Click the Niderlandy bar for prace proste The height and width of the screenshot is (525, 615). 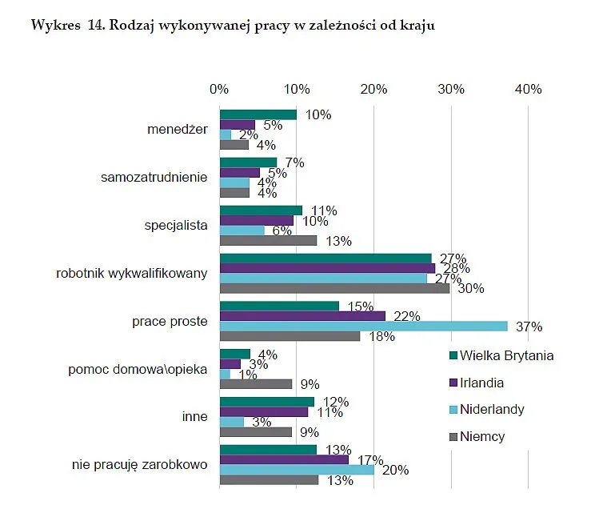(364, 326)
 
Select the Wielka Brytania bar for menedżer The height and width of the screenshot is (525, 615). (258, 114)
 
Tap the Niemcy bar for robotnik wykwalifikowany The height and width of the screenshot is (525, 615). (334, 288)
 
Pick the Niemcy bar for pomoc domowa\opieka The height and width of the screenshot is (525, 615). (256, 384)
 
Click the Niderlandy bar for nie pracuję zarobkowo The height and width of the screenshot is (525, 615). (297, 470)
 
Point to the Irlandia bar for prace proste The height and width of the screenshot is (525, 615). (302, 316)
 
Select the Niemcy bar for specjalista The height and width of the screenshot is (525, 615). (268, 241)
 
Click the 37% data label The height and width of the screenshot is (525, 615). (529, 327)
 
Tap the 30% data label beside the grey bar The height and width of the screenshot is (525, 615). (471, 288)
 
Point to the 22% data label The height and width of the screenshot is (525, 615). (407, 316)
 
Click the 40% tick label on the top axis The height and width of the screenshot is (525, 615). (528, 89)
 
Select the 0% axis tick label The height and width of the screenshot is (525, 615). (219, 89)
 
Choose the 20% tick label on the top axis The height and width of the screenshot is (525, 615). (373, 89)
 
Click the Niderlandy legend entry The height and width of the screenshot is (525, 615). (486, 409)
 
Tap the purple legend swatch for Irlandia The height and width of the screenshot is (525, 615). (453, 383)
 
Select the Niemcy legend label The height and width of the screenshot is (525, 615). (482, 436)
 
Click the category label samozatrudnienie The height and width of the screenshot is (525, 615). (154, 177)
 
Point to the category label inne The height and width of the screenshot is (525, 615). (194, 416)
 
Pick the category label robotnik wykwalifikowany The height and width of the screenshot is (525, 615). (132, 273)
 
